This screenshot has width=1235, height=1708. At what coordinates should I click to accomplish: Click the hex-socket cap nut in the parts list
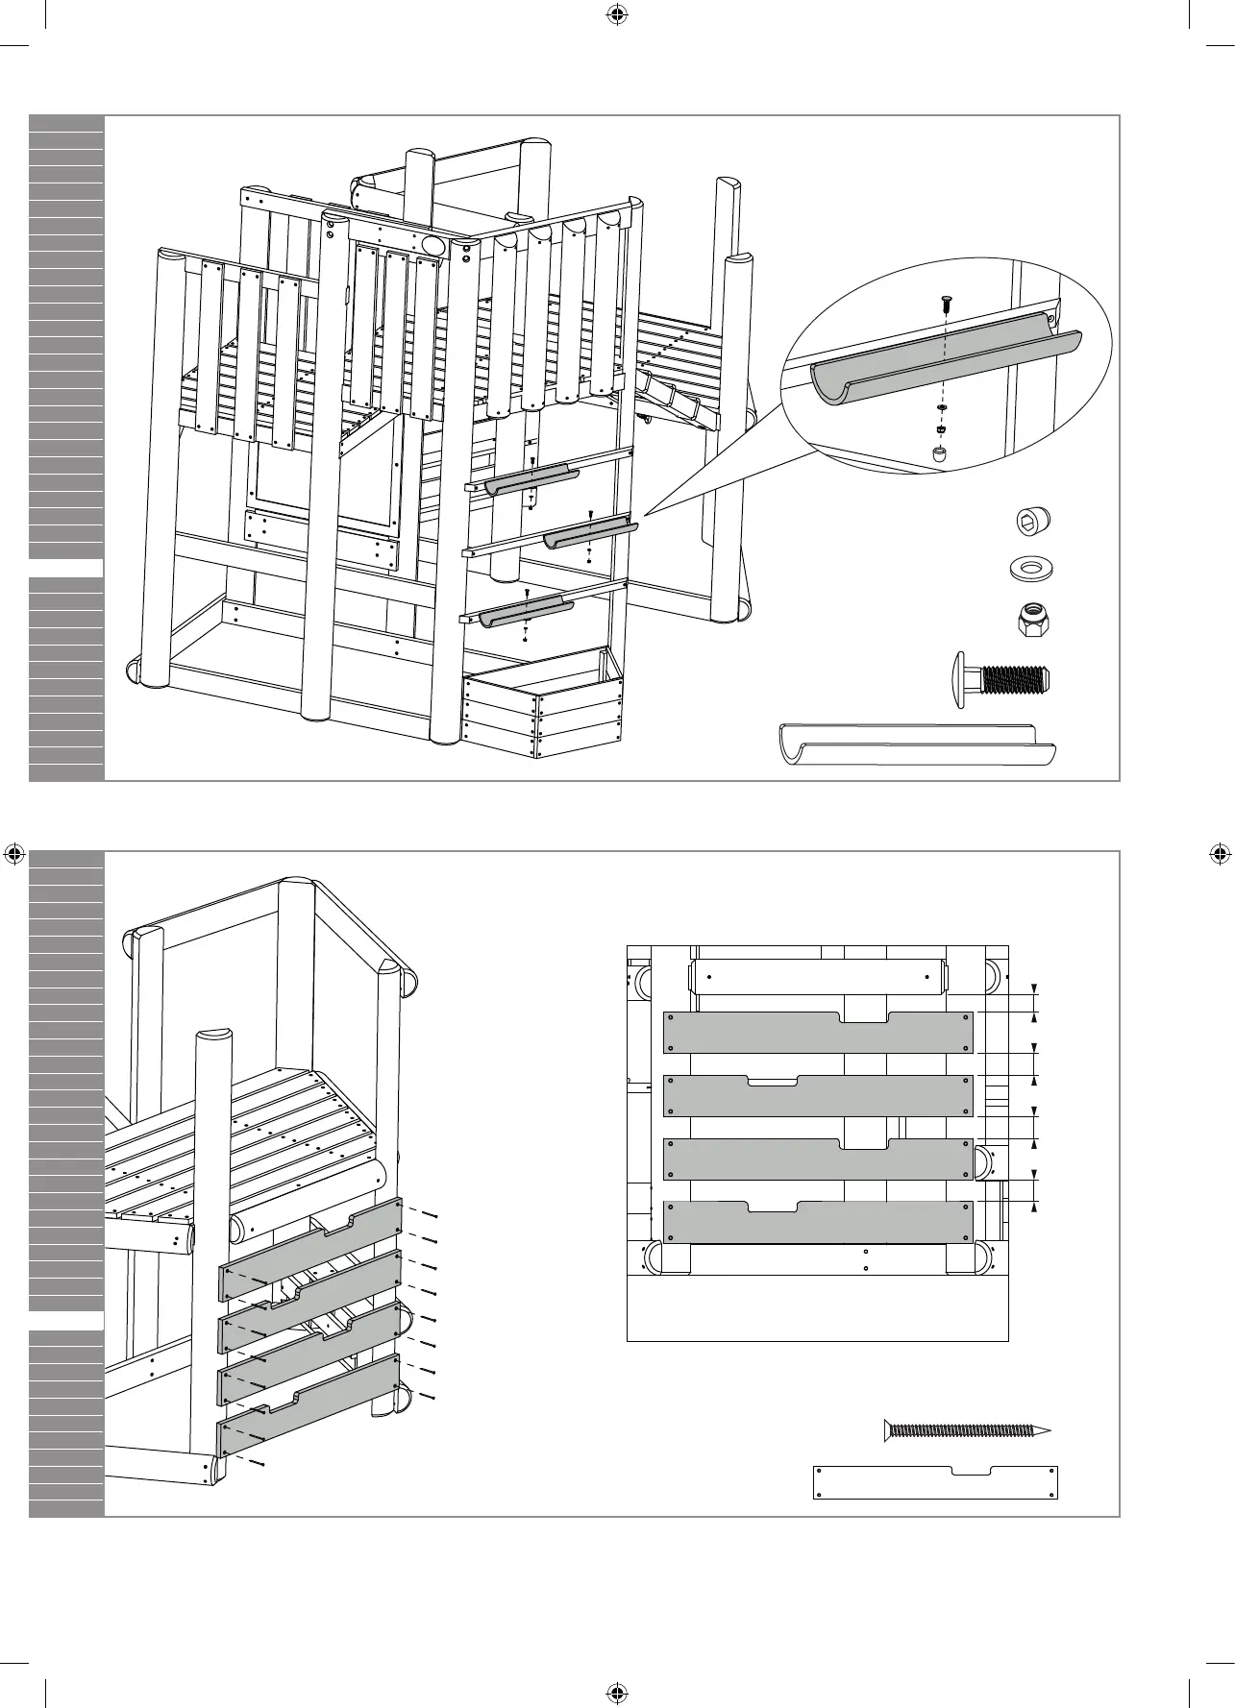[x=1033, y=522]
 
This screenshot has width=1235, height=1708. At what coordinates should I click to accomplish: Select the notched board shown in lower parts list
[x=935, y=1508]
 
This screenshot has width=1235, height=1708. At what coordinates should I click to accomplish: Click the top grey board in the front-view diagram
[x=818, y=1034]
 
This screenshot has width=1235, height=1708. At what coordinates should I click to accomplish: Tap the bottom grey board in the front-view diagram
[x=818, y=1223]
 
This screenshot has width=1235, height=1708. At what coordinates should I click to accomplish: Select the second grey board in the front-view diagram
[x=818, y=1097]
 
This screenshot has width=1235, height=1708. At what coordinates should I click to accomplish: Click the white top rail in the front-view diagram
[x=818, y=976]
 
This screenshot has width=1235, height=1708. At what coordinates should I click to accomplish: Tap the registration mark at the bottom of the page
[x=616, y=1691]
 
